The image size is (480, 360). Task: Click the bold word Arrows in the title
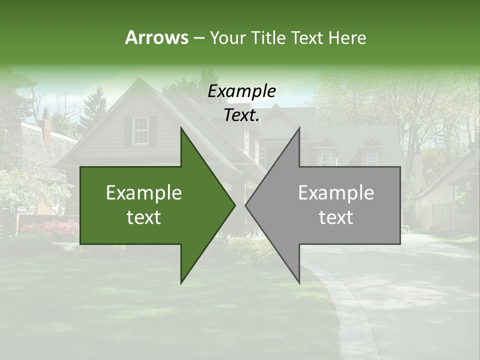(156, 37)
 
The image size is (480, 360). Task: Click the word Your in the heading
(227, 38)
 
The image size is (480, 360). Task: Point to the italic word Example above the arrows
(241, 91)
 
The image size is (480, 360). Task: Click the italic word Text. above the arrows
(241, 115)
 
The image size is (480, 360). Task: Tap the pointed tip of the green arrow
(234, 204)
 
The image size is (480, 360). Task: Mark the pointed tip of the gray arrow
(246, 204)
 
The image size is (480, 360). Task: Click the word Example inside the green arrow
(144, 193)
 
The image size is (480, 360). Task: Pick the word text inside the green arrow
(144, 217)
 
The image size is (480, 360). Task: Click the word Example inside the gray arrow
(336, 193)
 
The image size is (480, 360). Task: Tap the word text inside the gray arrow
(336, 217)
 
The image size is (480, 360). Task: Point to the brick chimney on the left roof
(46, 127)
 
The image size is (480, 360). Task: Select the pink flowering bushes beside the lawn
(50, 229)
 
